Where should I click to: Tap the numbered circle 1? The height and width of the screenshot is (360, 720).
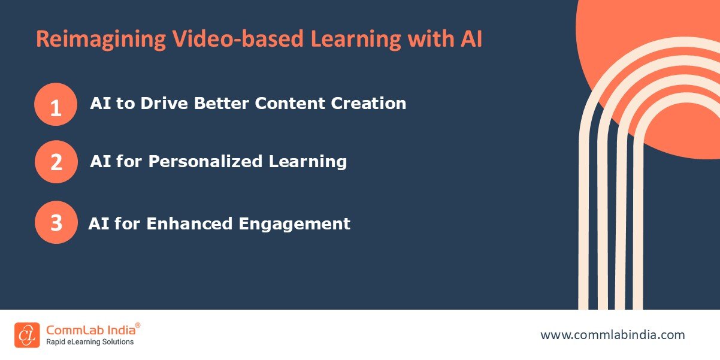pos(56,104)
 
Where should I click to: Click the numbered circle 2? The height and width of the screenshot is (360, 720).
pos(56,162)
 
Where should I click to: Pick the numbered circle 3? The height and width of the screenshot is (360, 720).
pos(56,223)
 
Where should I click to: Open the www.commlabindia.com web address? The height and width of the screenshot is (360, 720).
pos(612,335)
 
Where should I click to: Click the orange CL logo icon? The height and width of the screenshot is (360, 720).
pos(27,335)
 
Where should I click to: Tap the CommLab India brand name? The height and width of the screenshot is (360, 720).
pos(90,329)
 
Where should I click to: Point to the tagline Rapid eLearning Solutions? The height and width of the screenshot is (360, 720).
pos(90,342)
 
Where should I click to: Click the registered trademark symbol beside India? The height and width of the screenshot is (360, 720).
pos(138,325)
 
